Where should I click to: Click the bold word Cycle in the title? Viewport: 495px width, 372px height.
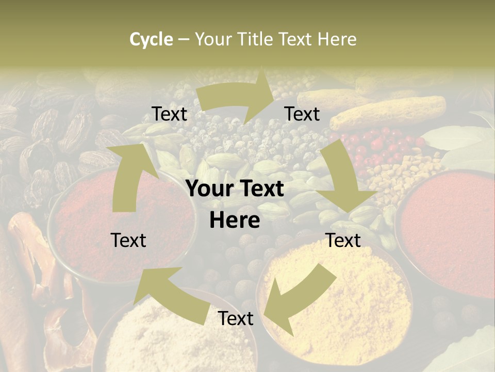pyautogui.click(x=151, y=39)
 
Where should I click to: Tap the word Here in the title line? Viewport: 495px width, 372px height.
pyautogui.click(x=337, y=39)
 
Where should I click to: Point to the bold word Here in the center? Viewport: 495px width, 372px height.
pyautogui.click(x=235, y=220)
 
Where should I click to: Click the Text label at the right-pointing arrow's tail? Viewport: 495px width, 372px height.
pyautogui.click(x=169, y=114)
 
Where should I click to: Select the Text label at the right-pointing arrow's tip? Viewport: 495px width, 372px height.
pyautogui.click(x=302, y=114)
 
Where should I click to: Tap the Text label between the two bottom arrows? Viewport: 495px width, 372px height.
pyautogui.click(x=236, y=318)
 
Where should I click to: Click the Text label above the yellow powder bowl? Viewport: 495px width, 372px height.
pyautogui.click(x=343, y=240)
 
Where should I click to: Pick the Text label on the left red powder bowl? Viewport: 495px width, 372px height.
pyautogui.click(x=128, y=240)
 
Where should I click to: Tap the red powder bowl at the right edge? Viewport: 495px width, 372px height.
pyautogui.click(x=454, y=233)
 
